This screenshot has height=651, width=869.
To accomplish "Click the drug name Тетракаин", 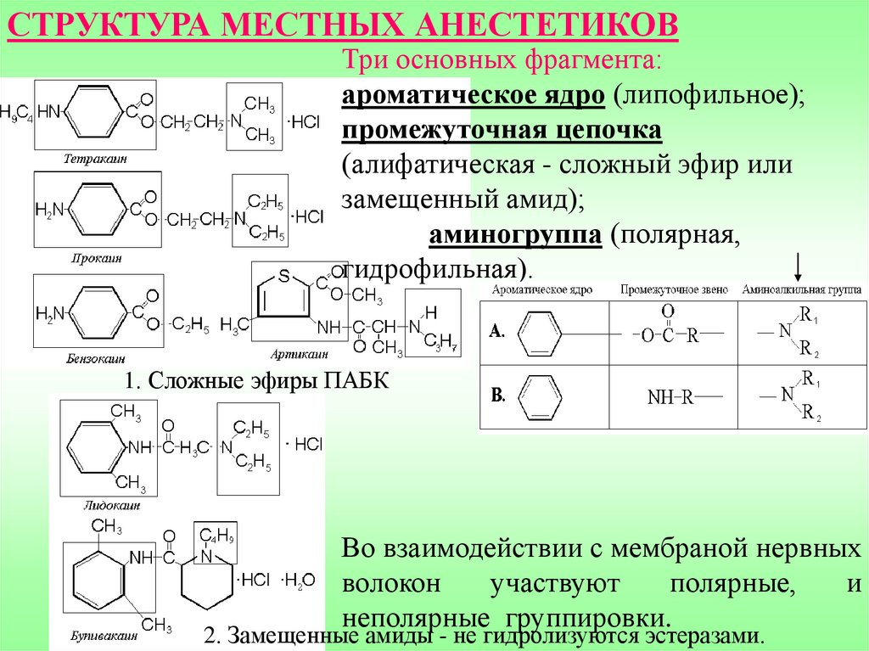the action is click(88, 159).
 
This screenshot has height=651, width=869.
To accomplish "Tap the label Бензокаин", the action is click(91, 359).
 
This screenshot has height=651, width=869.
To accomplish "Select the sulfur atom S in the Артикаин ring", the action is click(284, 276).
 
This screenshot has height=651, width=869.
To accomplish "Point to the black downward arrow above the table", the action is click(798, 267).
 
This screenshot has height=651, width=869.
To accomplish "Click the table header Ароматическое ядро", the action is click(542, 289).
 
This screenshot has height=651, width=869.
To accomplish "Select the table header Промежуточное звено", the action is click(674, 289).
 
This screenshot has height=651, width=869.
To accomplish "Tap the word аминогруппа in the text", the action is click(515, 235).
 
